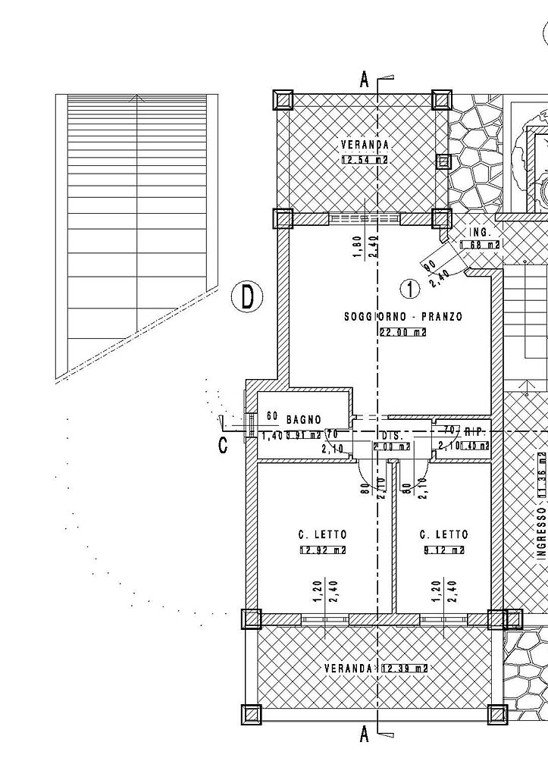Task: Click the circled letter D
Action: (x=246, y=296)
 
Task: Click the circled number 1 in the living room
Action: (x=409, y=289)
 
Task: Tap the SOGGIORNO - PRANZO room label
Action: (x=402, y=317)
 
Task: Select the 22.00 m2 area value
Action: (x=402, y=331)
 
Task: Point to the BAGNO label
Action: (x=303, y=419)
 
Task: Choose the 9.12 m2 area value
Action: (x=443, y=550)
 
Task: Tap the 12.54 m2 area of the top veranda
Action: (x=365, y=160)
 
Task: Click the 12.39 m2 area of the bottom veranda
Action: (x=404, y=668)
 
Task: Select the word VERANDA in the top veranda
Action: (x=365, y=145)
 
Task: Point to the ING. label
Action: (x=481, y=231)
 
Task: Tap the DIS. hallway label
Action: (x=391, y=436)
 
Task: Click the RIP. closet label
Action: (x=474, y=431)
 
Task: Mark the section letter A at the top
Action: (x=365, y=79)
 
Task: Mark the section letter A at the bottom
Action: (x=365, y=733)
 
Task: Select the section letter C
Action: (x=223, y=445)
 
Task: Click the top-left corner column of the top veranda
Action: (x=283, y=99)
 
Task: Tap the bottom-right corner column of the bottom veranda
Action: (x=497, y=714)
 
